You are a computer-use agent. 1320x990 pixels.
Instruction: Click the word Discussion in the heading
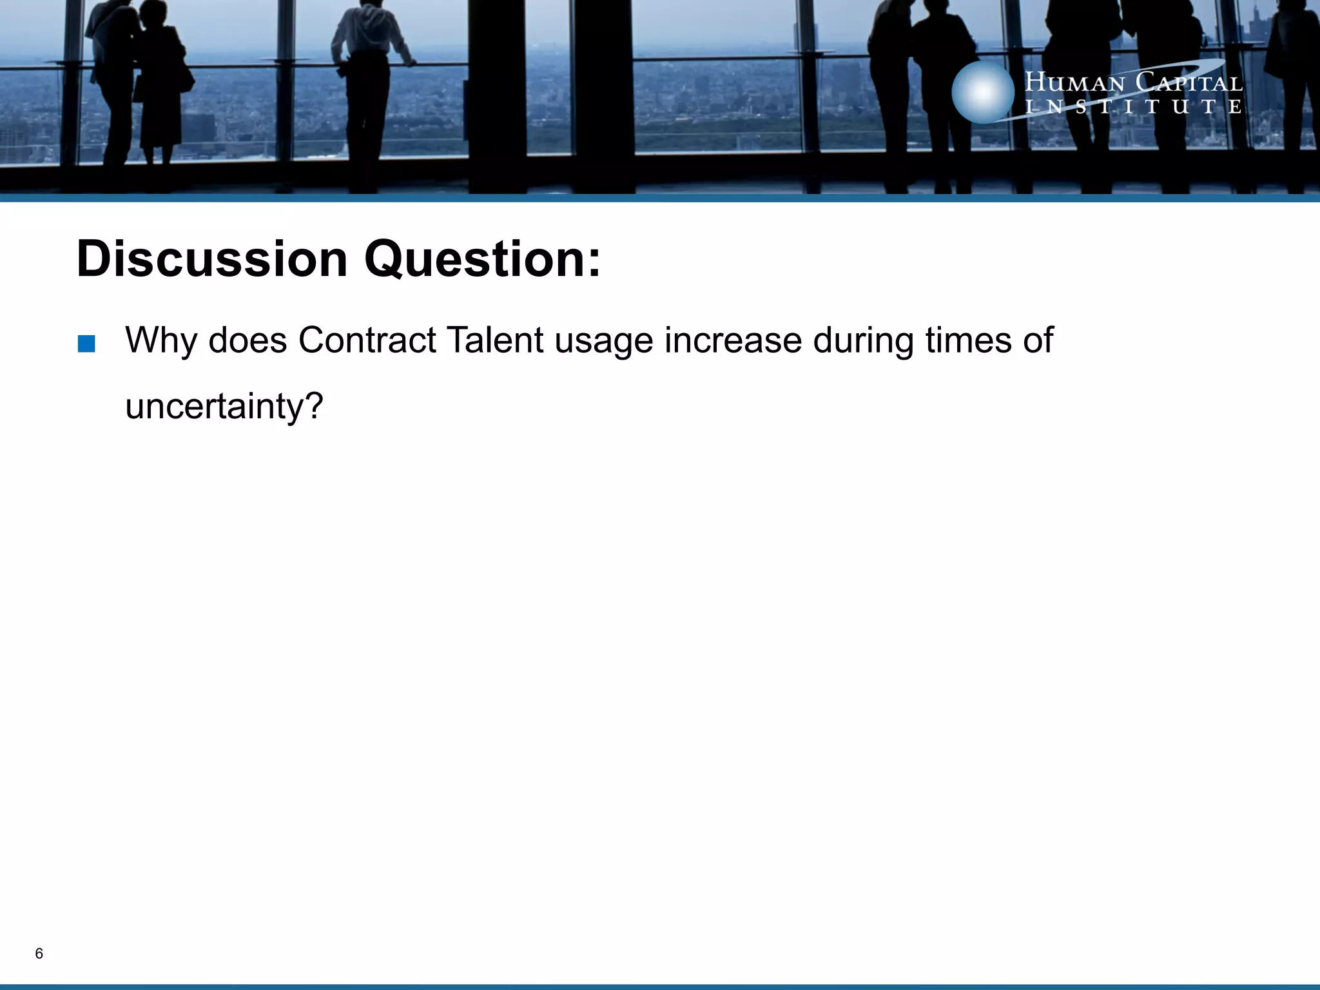pos(212,259)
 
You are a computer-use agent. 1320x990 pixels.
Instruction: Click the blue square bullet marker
pos(86,344)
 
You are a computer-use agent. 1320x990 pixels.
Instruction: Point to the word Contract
pos(367,340)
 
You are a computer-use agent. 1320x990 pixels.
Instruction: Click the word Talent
pos(494,340)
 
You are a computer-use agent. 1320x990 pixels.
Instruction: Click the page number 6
pos(39,953)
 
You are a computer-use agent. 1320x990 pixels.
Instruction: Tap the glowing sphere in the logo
pos(982,92)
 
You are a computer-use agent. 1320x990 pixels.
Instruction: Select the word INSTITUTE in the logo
pos(1133,106)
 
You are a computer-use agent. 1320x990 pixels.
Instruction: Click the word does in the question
pos(247,340)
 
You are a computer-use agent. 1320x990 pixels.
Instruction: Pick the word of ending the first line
pos(1038,340)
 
